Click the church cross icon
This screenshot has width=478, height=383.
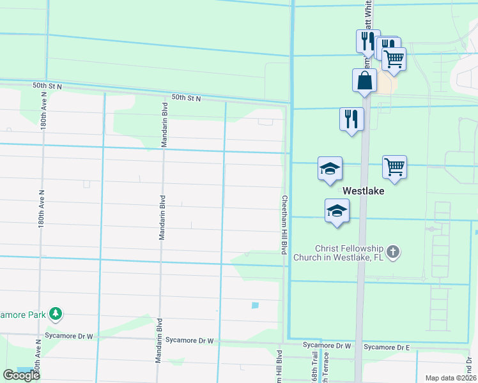393,252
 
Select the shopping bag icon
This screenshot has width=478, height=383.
364,81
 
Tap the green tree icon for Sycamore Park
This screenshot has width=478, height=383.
57,313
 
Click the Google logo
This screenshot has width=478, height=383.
20,375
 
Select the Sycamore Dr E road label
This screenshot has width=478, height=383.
386,347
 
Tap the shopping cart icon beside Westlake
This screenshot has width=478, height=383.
394,168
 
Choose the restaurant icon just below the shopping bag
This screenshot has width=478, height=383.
351,119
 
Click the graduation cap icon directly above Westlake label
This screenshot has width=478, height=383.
330,169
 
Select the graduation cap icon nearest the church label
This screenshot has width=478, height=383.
337,212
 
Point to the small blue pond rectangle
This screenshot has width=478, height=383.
255,305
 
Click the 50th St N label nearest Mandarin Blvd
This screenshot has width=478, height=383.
186,98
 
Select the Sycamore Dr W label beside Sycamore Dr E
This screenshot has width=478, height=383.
327,345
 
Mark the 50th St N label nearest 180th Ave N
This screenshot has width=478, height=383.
47,86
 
